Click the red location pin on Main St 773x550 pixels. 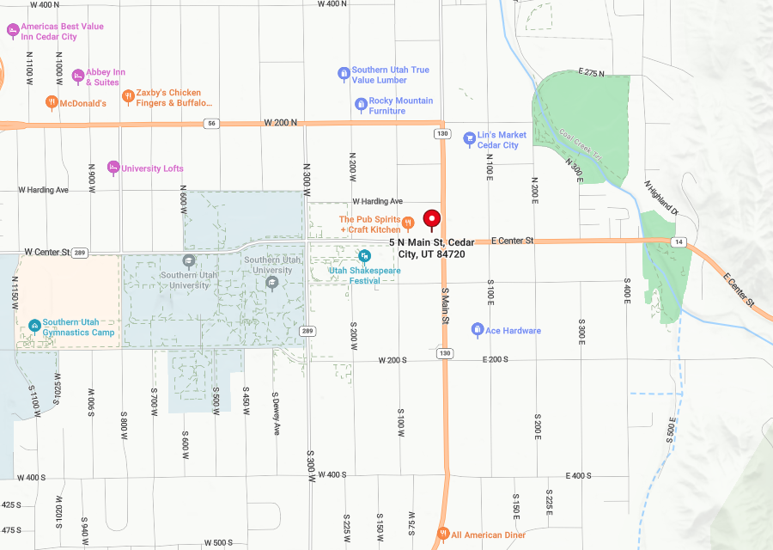(x=431, y=219)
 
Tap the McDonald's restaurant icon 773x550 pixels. (x=52, y=103)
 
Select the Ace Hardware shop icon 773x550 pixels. (x=478, y=330)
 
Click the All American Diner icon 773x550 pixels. (x=443, y=534)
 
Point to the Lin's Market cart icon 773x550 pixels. (x=469, y=138)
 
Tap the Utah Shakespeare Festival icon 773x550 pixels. (x=364, y=256)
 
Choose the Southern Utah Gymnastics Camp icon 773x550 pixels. (x=34, y=326)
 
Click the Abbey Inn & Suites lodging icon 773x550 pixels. (x=78, y=76)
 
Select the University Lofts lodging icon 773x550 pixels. (x=113, y=167)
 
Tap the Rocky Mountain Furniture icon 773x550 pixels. (x=362, y=104)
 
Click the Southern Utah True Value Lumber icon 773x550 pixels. (x=344, y=74)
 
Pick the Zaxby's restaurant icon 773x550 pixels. (x=128, y=96)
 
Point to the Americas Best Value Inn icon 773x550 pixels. (x=13, y=31)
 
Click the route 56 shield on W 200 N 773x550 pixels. (x=210, y=124)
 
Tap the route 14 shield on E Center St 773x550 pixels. (x=679, y=242)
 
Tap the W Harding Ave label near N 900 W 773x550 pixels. (x=44, y=189)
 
